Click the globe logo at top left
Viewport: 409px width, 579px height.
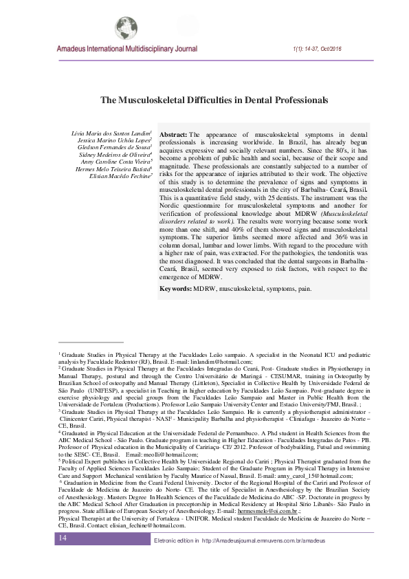[126, 28]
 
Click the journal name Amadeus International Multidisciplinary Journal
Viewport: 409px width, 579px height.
[128, 50]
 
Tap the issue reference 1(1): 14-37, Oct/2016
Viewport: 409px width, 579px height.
[322, 50]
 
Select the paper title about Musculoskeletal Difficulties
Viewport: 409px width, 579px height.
[214, 100]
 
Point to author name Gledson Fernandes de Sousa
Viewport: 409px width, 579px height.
[115, 148]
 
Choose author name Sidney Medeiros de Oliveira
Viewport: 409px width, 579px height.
[115, 156]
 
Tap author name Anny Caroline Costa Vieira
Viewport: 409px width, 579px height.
[116, 164]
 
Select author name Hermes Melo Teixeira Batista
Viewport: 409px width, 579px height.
[114, 172]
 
